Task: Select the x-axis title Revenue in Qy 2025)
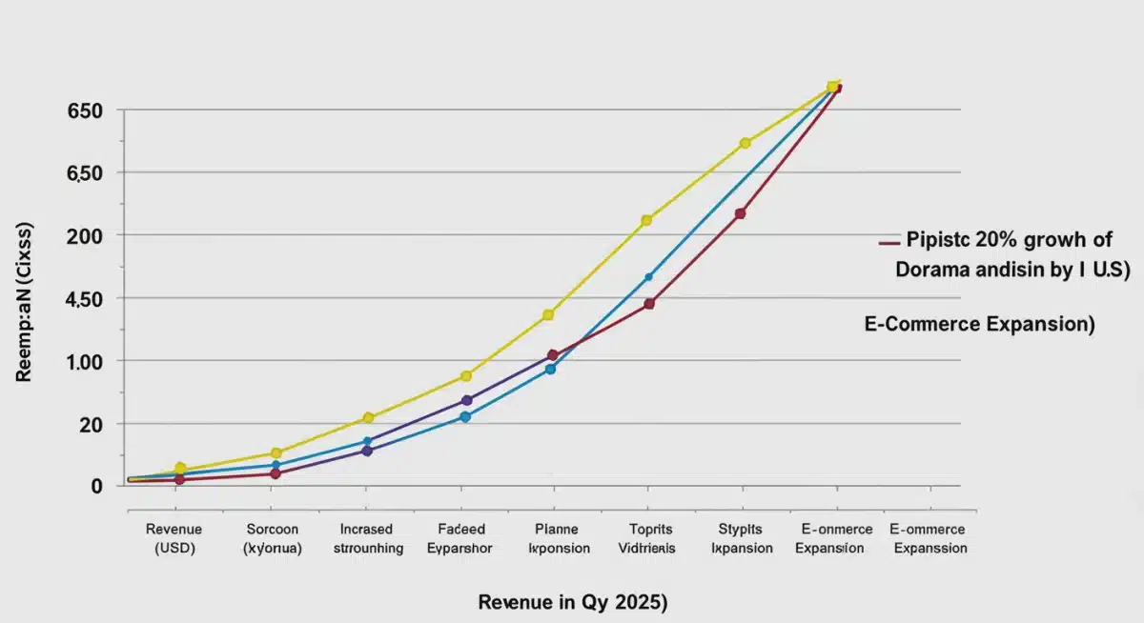point(572,602)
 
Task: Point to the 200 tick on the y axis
point(84,235)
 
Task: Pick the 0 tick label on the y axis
point(95,486)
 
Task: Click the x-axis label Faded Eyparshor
point(461,538)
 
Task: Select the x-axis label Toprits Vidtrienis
point(651,538)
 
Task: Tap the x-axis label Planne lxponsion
point(558,538)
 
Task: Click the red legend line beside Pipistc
point(889,242)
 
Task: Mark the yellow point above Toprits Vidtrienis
point(646,220)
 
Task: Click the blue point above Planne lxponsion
point(550,369)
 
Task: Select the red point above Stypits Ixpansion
point(741,213)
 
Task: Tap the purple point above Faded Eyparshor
point(466,400)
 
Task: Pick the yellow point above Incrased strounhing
point(369,418)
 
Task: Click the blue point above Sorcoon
point(276,465)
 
